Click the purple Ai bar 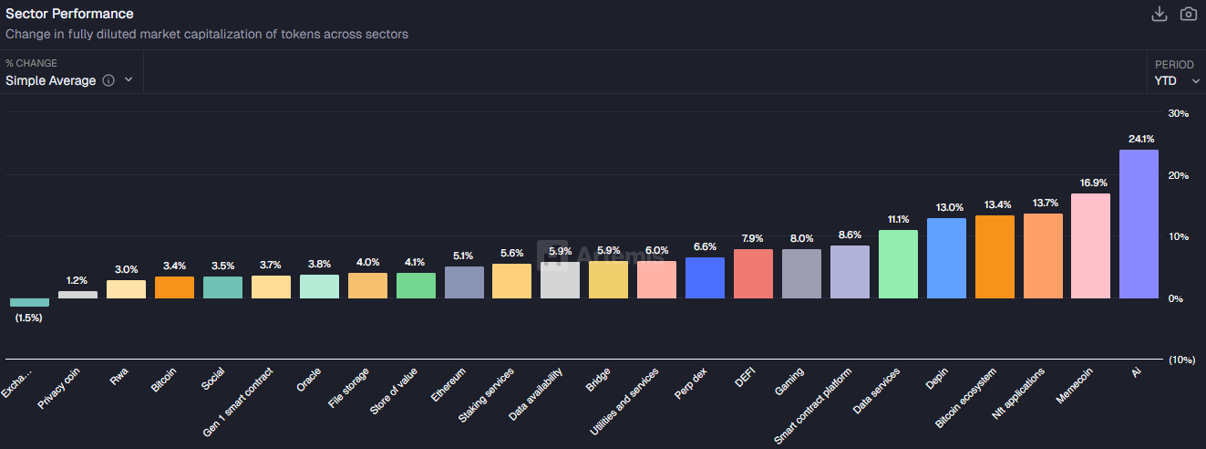[1139, 224]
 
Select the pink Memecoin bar [1090, 245]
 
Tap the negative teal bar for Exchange [29, 302]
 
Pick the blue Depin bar [946, 258]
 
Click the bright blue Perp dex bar [705, 277]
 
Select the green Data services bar [898, 264]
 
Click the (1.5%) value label [29, 318]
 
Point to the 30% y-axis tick [1178, 113]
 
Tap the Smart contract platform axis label [813, 406]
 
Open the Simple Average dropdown [68, 80]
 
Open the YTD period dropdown [1176, 80]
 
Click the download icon [1160, 14]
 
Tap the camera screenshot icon [1188, 14]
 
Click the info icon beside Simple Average [108, 80]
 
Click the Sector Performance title [69, 14]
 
